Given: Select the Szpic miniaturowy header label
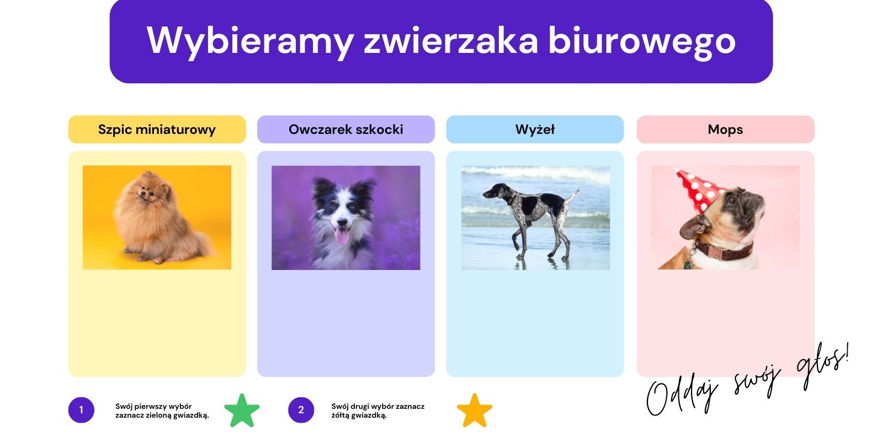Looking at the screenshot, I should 157,129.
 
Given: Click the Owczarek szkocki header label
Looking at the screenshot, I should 346,129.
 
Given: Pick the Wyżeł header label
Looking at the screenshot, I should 535,129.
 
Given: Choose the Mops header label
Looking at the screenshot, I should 725,129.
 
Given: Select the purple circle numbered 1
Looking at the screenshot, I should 81,410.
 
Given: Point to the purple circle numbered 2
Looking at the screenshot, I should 301,410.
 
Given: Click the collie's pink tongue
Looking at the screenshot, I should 342,236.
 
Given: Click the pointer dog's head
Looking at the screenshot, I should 493,191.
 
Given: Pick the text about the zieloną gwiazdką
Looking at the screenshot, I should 162,411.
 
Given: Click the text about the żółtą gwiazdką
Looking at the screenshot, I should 378,411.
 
